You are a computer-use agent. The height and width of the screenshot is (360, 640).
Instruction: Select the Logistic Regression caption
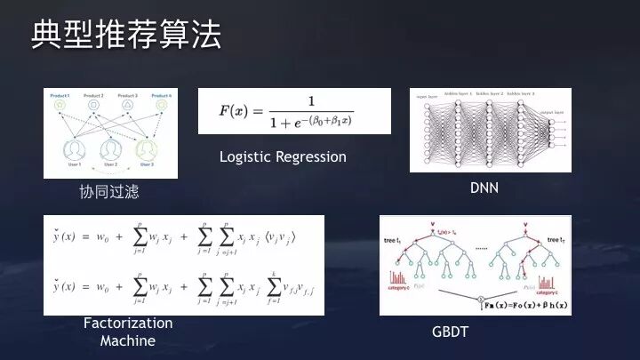click(x=283, y=157)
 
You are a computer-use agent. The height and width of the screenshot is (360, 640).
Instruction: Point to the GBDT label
click(x=451, y=331)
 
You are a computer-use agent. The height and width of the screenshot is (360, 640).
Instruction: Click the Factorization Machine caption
click(x=127, y=332)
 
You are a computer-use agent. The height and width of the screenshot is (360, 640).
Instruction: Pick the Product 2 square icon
click(x=94, y=105)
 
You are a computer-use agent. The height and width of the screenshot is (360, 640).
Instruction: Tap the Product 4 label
click(x=161, y=94)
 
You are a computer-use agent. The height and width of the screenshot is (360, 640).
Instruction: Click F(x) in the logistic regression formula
click(x=236, y=111)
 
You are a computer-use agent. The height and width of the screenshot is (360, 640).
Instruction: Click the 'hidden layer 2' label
click(x=490, y=92)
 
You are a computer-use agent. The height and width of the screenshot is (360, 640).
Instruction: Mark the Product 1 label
click(x=60, y=94)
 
